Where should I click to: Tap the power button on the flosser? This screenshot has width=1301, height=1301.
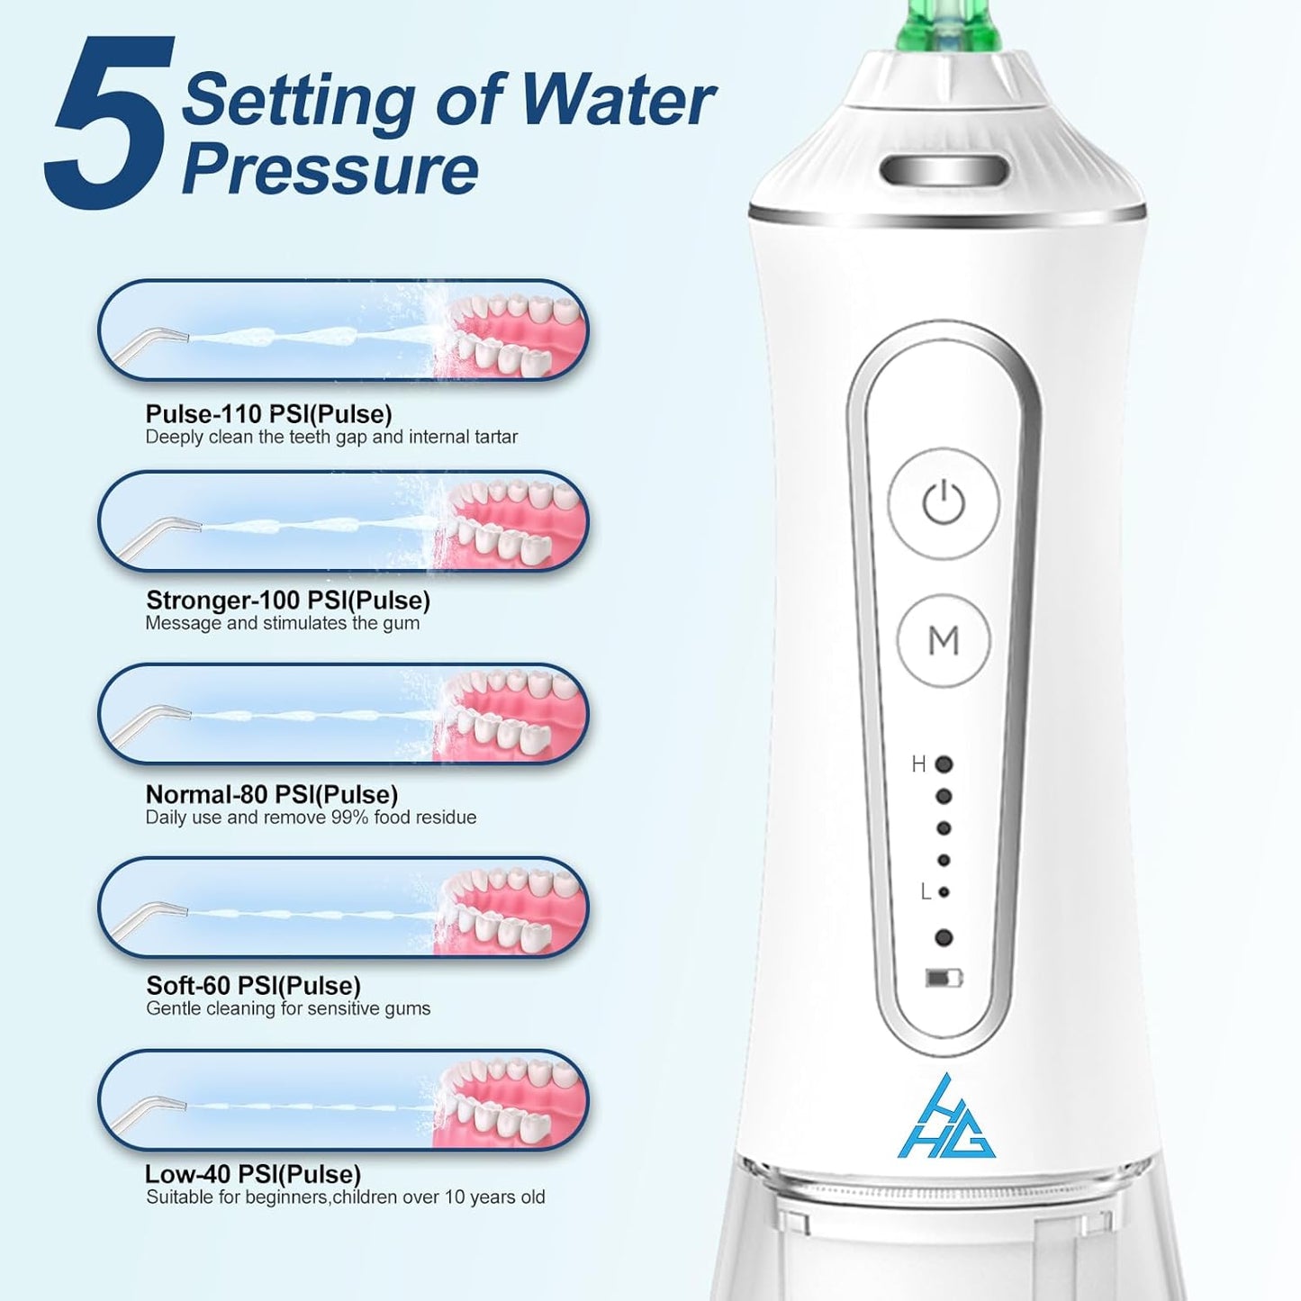pos(944,502)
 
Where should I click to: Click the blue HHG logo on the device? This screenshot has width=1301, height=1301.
pos(946,1117)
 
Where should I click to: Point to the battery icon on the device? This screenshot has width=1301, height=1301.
pos(944,978)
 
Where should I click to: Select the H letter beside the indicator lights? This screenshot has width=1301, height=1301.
pos(918,764)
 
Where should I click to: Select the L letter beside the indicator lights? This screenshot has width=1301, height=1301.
pos(926,891)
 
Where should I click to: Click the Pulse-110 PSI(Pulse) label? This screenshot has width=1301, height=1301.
pos(268,414)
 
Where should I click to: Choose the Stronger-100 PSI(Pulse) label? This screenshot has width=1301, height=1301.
pos(287,601)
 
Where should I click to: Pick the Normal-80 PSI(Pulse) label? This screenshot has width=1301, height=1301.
pos(271,795)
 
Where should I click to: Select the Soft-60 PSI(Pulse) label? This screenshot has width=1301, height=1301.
pos(253,986)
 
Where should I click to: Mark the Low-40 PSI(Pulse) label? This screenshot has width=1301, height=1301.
pos(252,1175)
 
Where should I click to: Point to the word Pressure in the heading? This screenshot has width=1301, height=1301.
pos(330,169)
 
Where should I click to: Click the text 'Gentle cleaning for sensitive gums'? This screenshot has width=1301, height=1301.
pos(288,1008)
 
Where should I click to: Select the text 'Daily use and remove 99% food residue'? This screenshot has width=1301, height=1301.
pos(311,818)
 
